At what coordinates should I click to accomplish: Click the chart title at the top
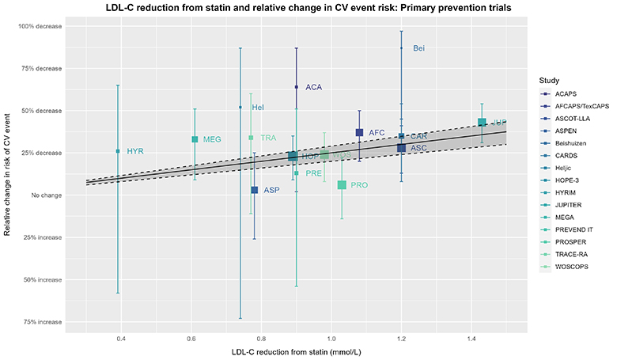305,8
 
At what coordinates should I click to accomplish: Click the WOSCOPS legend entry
572,267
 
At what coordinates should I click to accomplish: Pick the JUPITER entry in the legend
569,205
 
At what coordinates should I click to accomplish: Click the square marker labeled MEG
195,139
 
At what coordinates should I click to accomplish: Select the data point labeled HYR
118,151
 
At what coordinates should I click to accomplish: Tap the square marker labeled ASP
254,190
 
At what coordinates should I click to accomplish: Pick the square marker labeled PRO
342,184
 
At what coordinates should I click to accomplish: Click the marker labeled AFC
359,132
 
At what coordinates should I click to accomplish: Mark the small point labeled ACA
296,87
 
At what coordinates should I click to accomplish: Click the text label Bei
419,49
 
